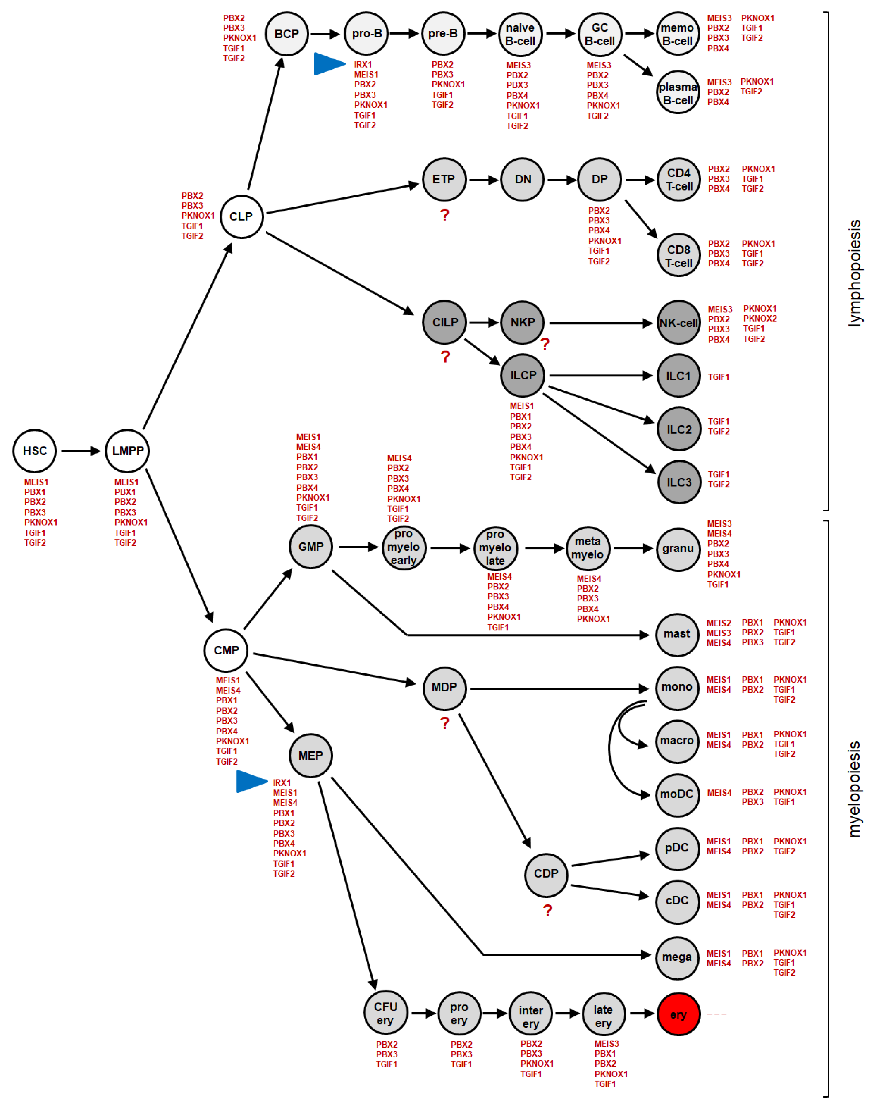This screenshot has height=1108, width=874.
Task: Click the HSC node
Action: point(35,451)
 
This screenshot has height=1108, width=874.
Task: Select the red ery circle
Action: point(678,1014)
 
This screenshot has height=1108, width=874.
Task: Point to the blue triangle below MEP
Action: point(251,781)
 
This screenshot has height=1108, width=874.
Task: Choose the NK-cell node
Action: point(678,323)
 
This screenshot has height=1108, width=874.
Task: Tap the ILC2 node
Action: point(678,429)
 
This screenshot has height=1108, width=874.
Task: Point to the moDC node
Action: point(677,794)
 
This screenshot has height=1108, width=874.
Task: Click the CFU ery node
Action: point(385,1013)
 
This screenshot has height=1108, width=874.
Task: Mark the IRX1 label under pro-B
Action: point(363,64)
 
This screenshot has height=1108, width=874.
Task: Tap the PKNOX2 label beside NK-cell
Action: point(760,318)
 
